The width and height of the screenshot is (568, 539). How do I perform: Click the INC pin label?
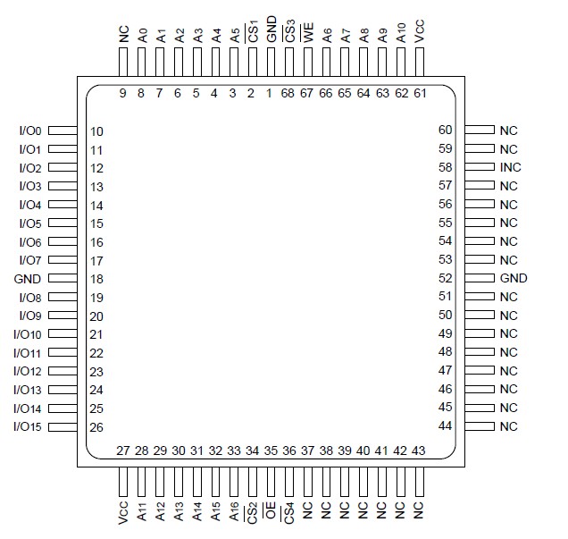(511, 167)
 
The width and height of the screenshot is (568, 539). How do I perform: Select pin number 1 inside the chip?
(270, 93)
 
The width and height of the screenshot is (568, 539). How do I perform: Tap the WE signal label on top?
(307, 36)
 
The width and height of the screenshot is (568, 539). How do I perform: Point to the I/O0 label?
(30, 131)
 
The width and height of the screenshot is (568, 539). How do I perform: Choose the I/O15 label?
(28, 426)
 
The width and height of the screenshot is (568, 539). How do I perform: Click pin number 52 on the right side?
(445, 278)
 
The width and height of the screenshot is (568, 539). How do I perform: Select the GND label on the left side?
(29, 278)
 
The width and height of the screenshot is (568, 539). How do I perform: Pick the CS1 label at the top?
(253, 33)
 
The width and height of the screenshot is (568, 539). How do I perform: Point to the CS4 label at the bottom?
(289, 514)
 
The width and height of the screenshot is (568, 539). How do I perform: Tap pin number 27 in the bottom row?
(123, 451)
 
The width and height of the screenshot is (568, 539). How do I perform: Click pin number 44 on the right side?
(445, 425)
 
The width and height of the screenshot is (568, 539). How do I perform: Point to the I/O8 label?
(30, 297)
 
